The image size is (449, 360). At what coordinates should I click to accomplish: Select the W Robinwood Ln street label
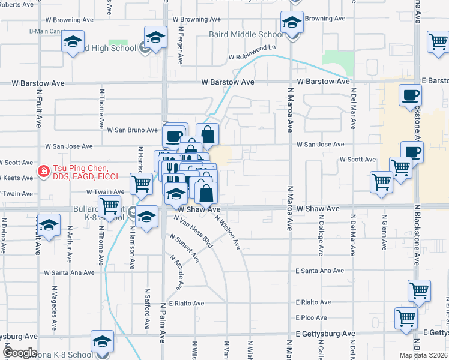point(251,58)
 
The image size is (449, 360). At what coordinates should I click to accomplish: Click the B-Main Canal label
point(47,31)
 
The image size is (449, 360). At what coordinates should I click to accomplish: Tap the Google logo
point(19,353)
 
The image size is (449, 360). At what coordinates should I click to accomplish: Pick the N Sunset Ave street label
point(184,248)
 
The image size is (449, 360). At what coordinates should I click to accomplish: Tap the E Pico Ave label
point(311,317)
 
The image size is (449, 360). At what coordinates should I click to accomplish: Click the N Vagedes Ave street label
point(54,311)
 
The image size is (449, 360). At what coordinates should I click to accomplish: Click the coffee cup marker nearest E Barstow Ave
point(410,95)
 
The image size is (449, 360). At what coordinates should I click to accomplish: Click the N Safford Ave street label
point(146,310)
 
